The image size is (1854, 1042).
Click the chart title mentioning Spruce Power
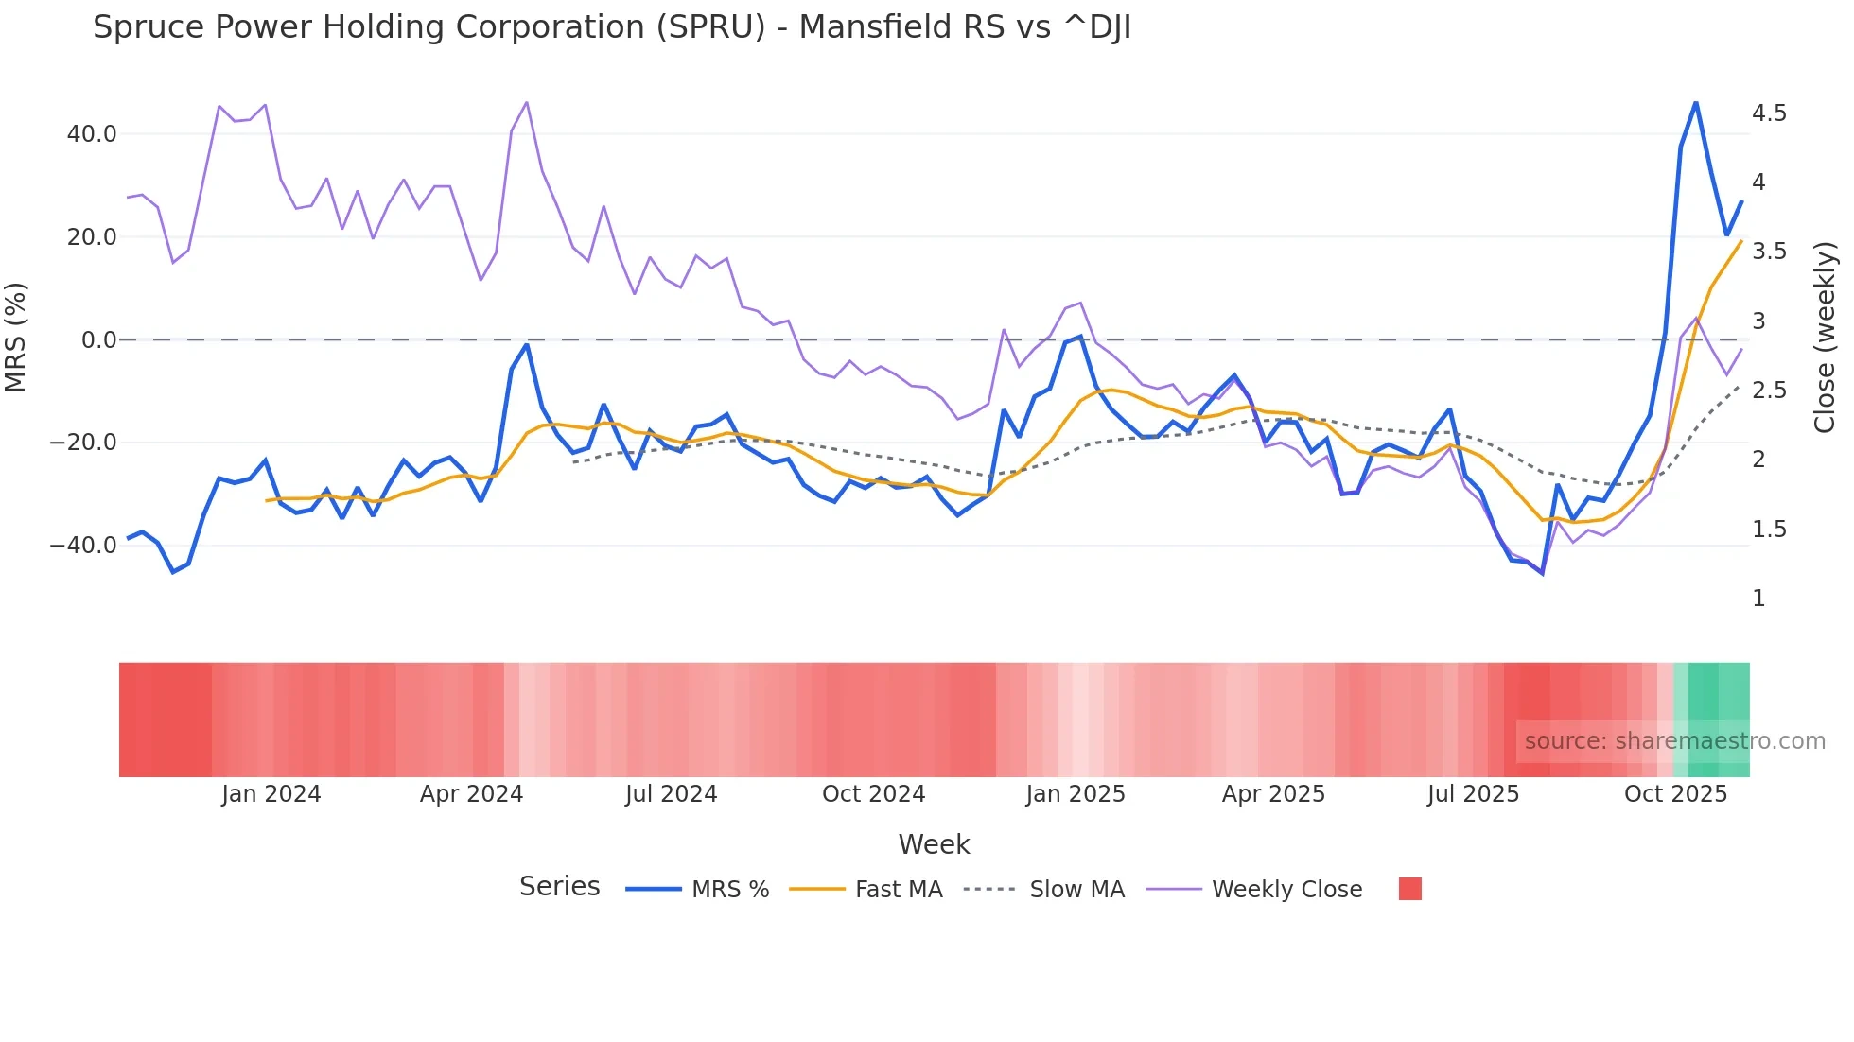tap(611, 27)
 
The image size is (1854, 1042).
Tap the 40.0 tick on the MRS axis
tap(92, 134)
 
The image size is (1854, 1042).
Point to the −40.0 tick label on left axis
tap(83, 546)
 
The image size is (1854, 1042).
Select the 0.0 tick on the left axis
tap(99, 340)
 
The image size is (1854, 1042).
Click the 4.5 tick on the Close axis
tap(1769, 113)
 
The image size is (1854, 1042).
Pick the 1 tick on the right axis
tap(1758, 599)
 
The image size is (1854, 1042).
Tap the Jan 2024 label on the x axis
tap(271, 794)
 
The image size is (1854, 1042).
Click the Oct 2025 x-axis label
tap(1675, 794)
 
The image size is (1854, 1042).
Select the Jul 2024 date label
tap(671, 794)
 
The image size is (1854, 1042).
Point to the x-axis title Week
tap(934, 844)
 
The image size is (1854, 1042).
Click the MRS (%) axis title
tap(16, 338)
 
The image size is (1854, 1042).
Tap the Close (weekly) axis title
tap(1825, 338)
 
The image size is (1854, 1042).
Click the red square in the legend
tap(1409, 889)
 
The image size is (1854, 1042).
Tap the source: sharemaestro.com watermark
tap(1674, 741)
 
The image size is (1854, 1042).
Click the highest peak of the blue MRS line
tap(1696, 103)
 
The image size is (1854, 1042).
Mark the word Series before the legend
tap(559, 887)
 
